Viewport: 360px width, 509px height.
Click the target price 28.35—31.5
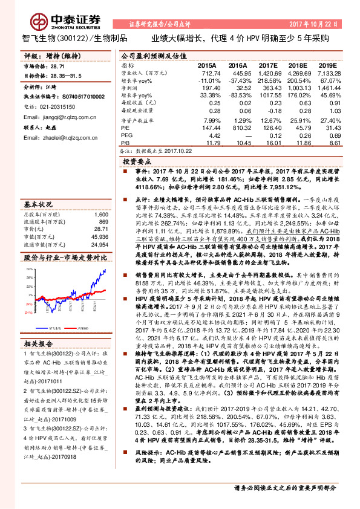coord(64,77)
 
